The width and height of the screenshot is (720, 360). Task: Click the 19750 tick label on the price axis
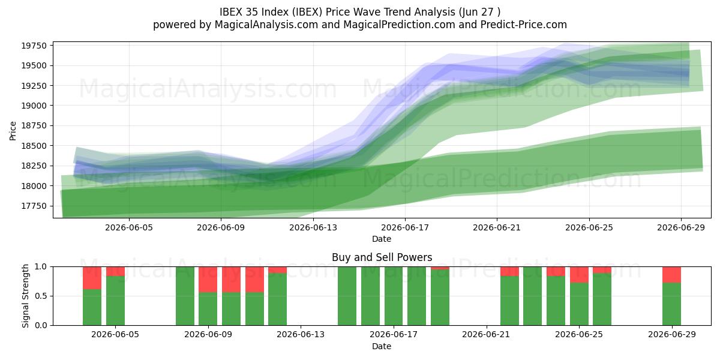coord(34,46)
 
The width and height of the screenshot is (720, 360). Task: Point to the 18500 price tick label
coord(34,146)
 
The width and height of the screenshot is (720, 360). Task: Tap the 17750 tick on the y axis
coord(34,206)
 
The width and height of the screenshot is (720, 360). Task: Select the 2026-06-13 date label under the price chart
coord(313,227)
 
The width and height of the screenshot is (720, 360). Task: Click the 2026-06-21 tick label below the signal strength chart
coord(485,335)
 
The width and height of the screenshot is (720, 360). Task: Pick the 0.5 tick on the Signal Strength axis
coord(41,296)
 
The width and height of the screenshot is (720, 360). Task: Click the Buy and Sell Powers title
coord(382,257)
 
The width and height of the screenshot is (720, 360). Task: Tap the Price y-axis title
coord(13,131)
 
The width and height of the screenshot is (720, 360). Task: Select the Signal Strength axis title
coord(25,296)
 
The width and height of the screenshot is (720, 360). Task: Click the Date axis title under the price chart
coord(382,239)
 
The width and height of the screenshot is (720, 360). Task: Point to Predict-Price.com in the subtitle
coord(524,25)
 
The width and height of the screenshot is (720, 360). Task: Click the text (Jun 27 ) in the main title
coord(479,12)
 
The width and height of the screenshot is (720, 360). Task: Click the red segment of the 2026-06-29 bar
coord(671,275)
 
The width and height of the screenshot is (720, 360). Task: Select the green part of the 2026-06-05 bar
coord(115,301)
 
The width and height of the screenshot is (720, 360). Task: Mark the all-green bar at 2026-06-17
coord(394,296)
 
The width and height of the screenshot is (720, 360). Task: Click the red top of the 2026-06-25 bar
coord(579,275)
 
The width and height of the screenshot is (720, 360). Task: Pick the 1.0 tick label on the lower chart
coord(41,267)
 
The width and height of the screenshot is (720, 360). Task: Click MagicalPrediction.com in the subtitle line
coord(399,25)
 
